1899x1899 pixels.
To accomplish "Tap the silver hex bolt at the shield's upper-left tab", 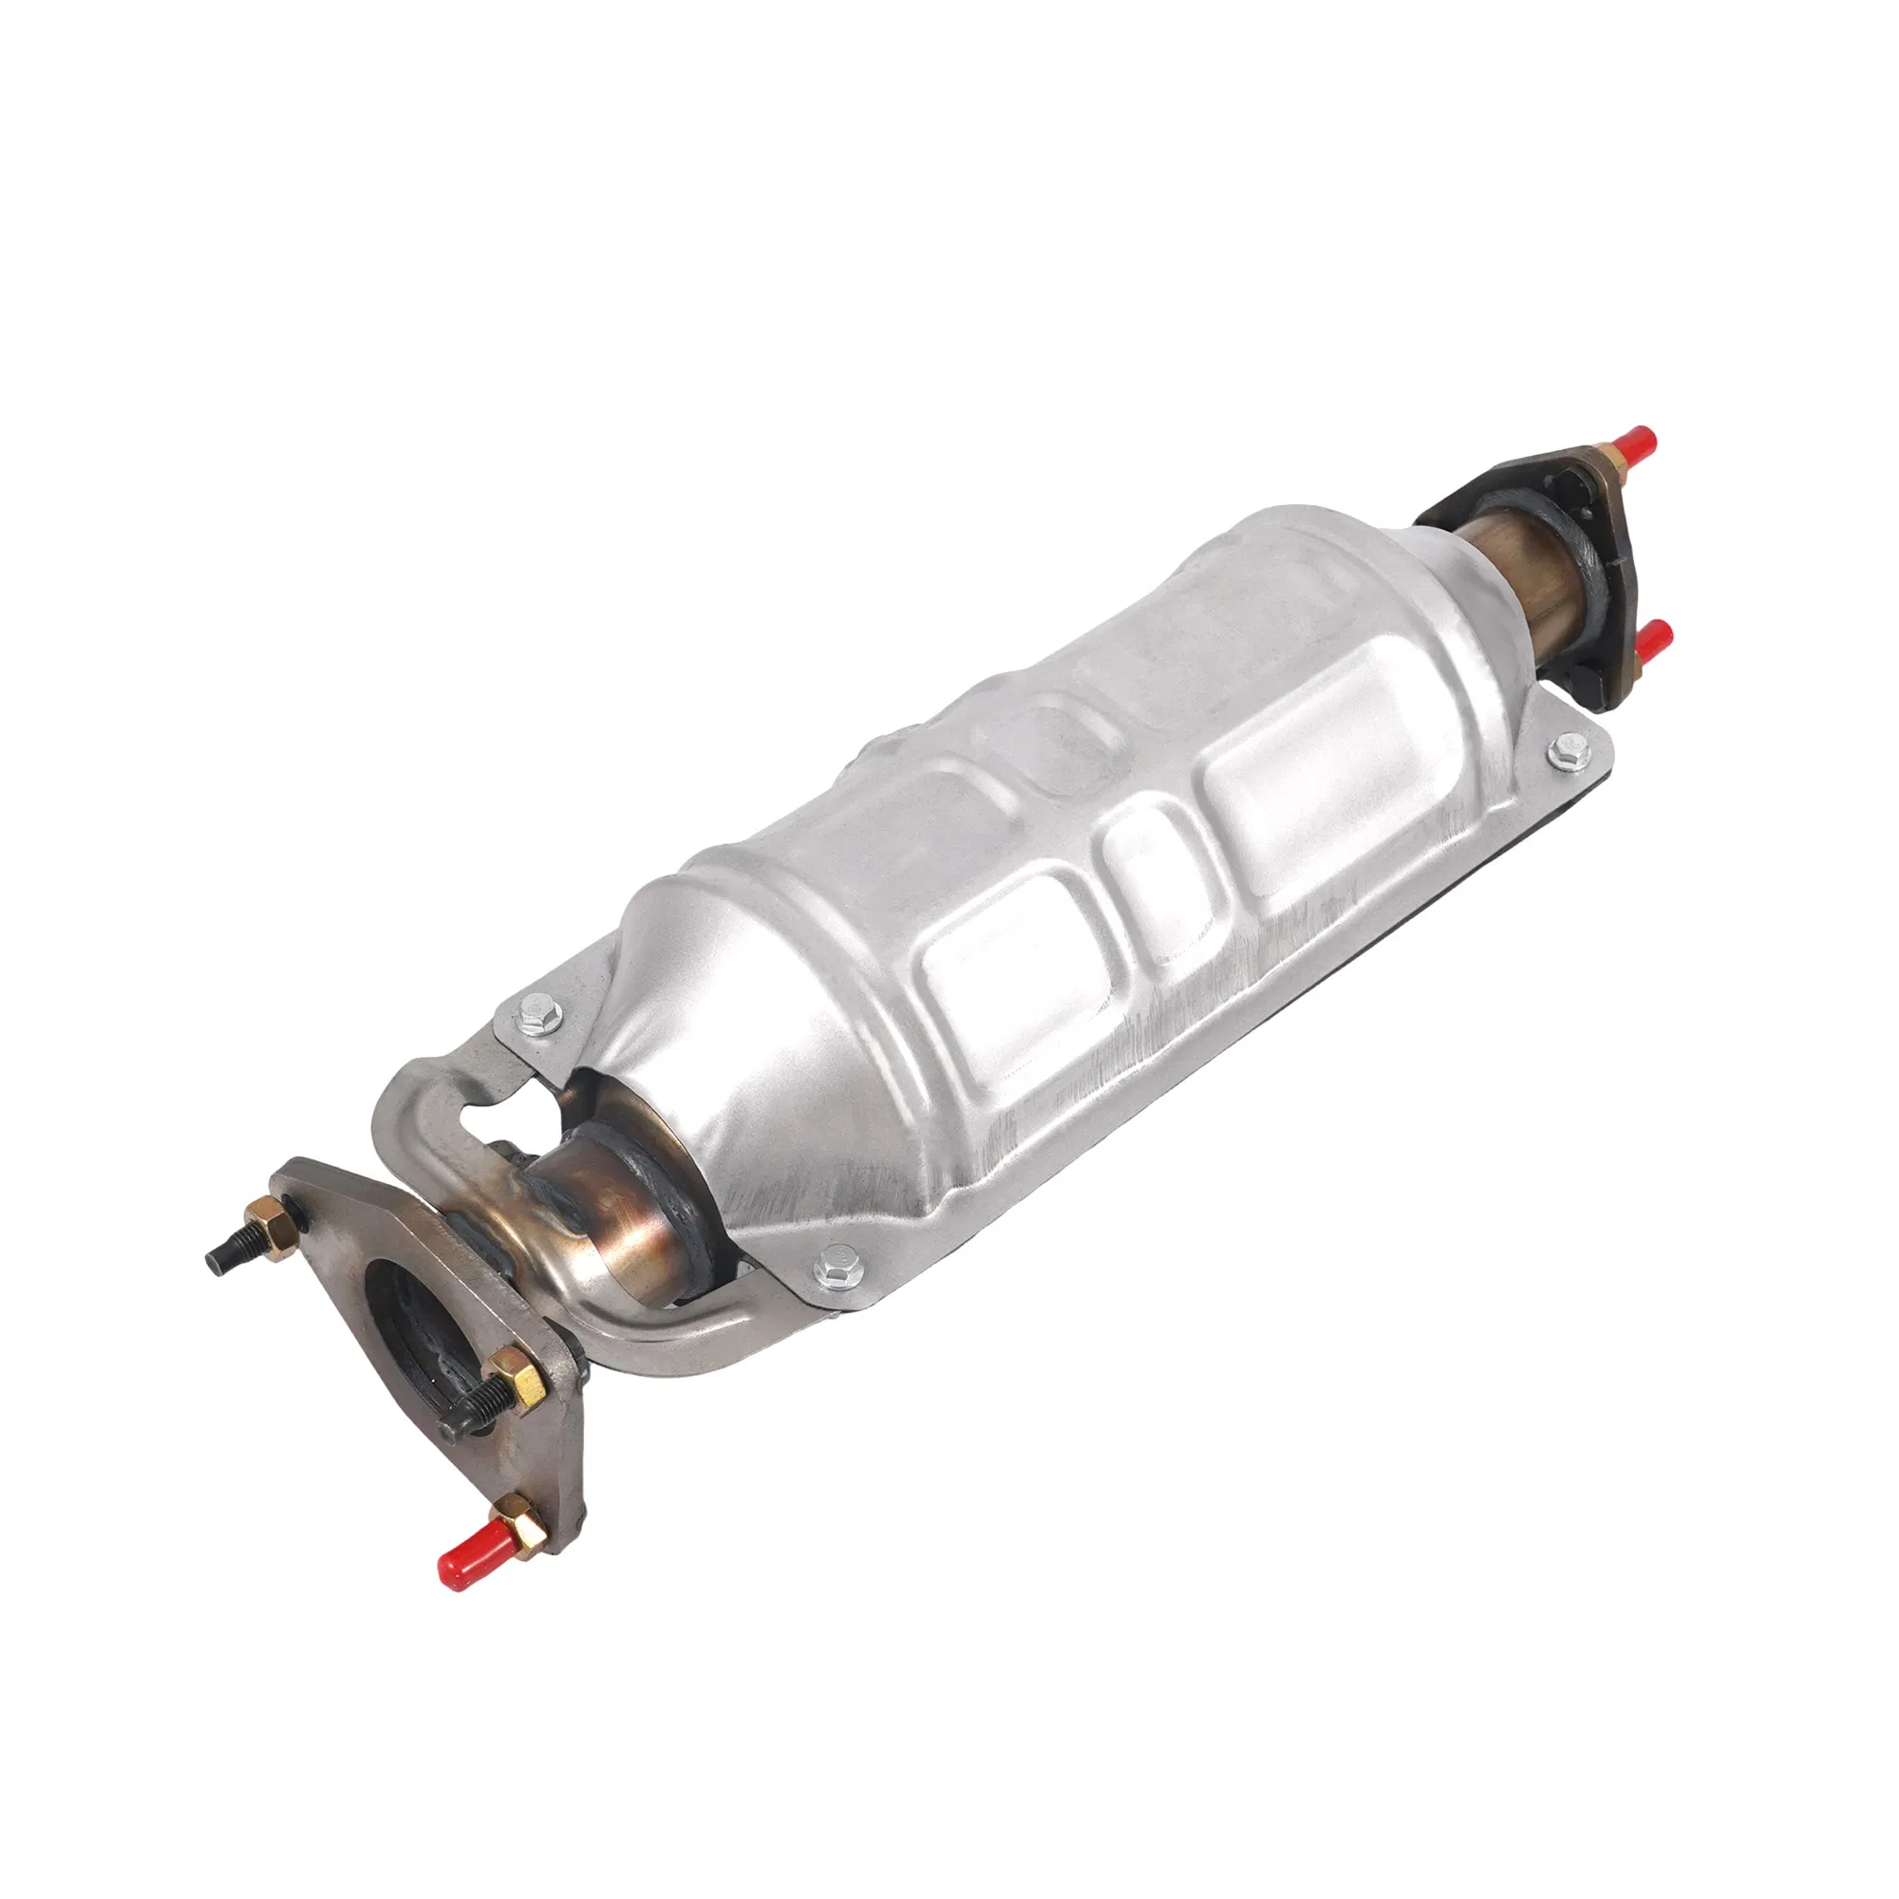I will point(536,1006).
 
